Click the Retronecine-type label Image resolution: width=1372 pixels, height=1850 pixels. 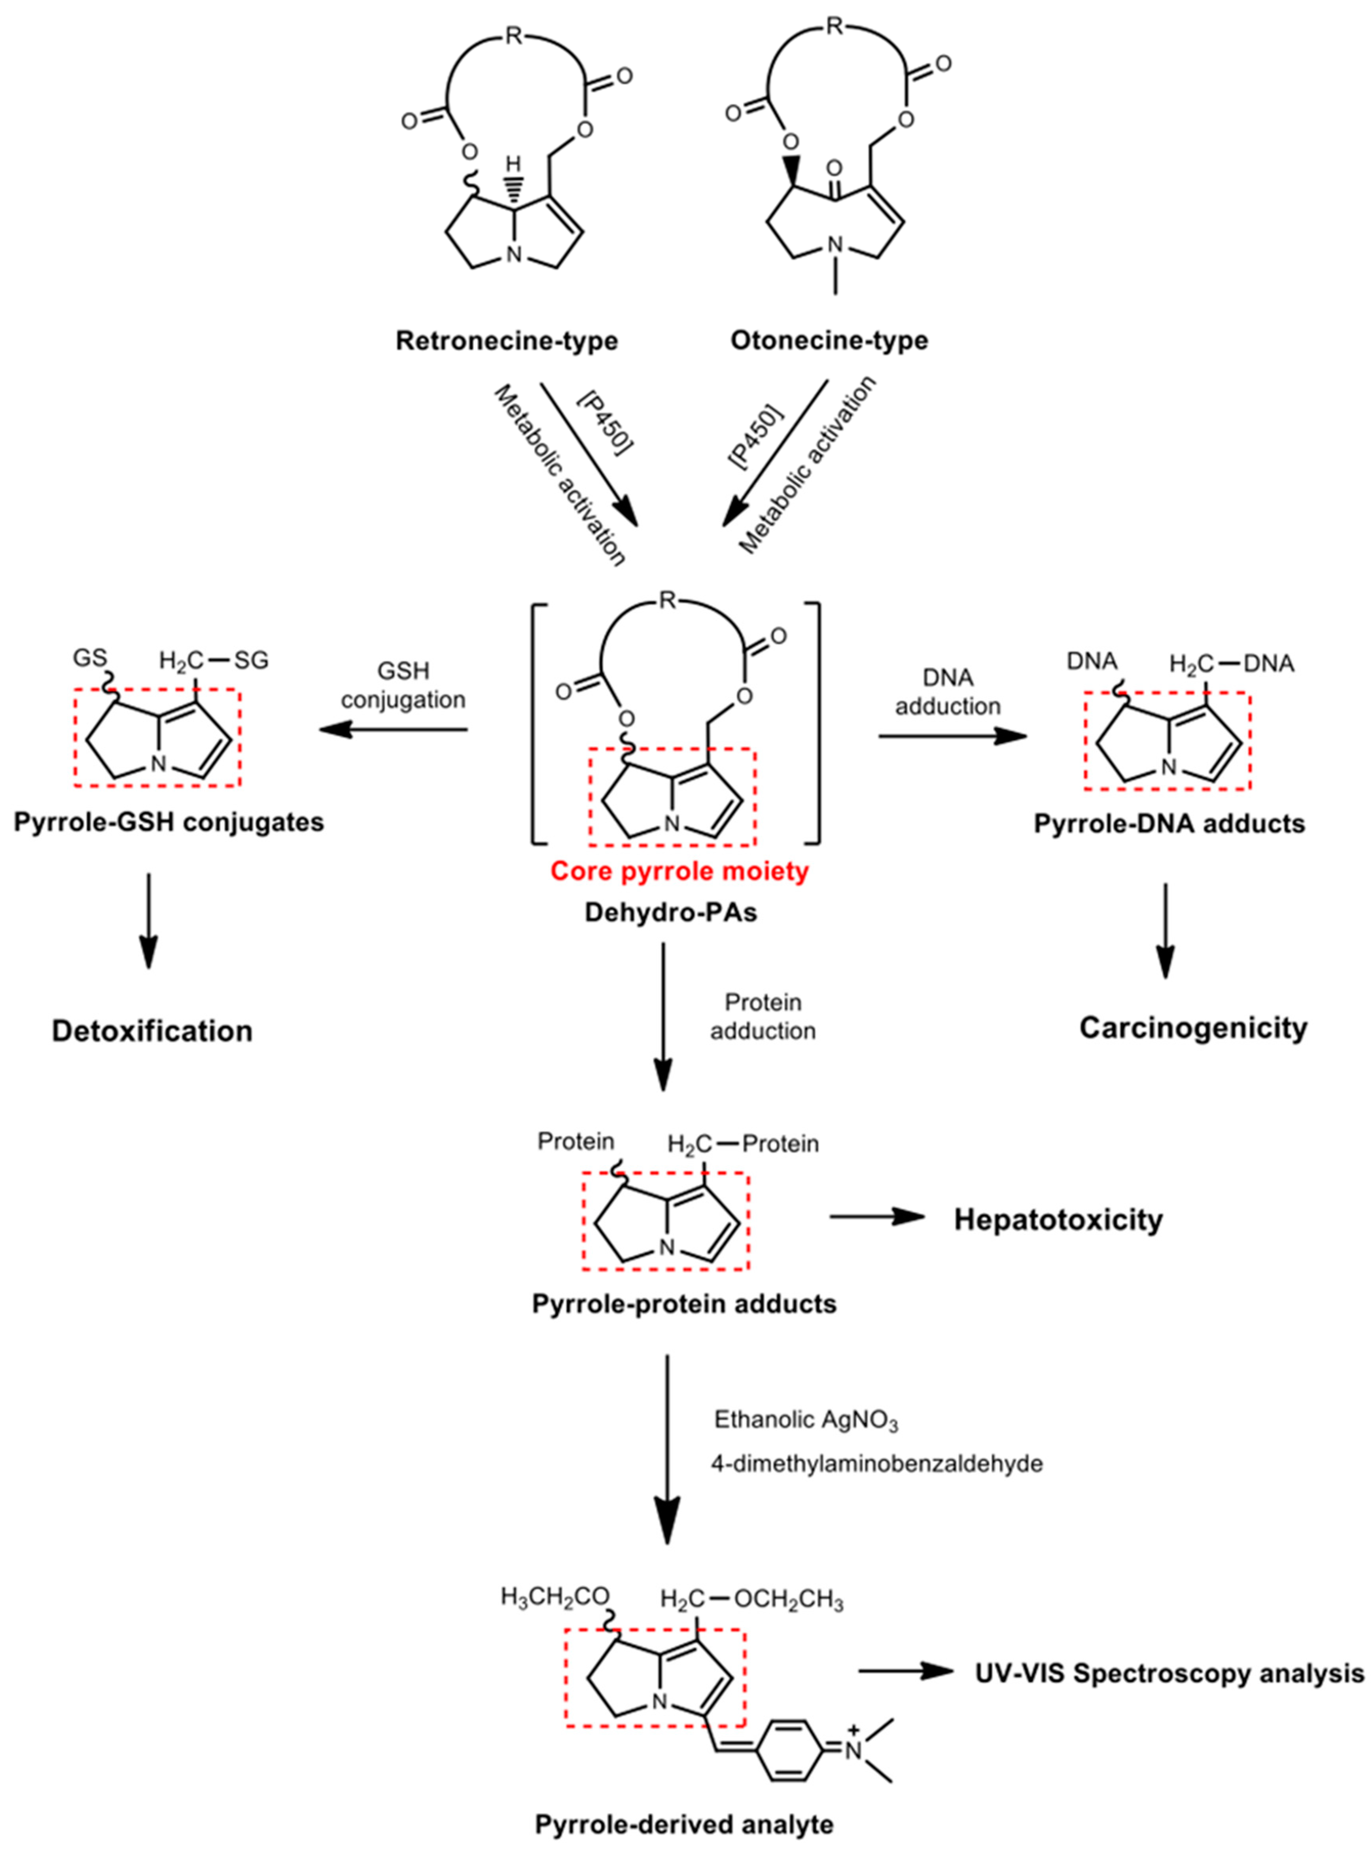tap(507, 341)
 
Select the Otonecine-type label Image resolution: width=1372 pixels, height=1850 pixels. tap(829, 341)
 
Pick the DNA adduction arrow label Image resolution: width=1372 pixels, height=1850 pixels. tap(948, 692)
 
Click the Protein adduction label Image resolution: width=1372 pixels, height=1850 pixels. tap(763, 1016)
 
